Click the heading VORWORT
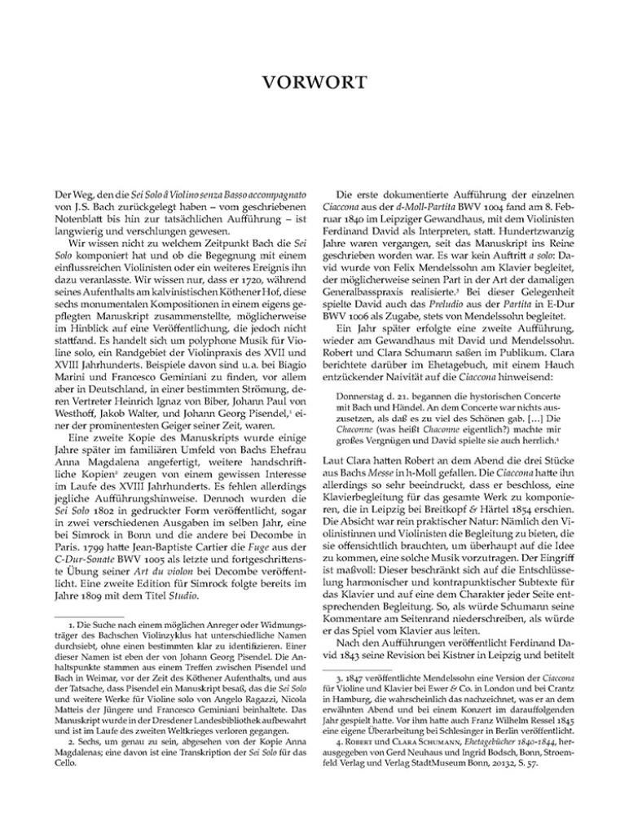click(x=314, y=81)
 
